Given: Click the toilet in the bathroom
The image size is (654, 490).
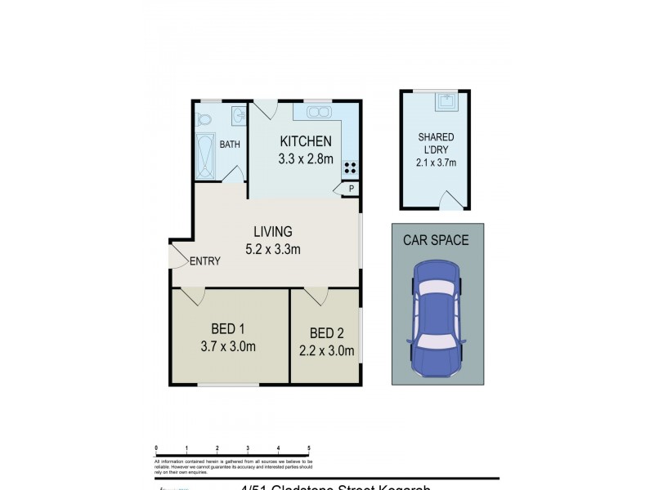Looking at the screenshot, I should [x=204, y=120].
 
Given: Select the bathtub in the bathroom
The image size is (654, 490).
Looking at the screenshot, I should [x=204, y=156].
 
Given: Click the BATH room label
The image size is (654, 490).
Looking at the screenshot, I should [x=230, y=145].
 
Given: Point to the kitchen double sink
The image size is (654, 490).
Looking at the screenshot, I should [x=317, y=113].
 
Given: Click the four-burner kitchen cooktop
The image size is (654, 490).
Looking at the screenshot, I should [x=351, y=169].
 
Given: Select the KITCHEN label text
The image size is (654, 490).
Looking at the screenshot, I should [x=306, y=141].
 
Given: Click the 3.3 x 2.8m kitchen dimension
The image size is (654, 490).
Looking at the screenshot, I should [x=306, y=158].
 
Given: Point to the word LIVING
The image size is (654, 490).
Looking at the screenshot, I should [x=273, y=232].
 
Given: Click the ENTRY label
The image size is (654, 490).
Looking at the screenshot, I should [x=204, y=261].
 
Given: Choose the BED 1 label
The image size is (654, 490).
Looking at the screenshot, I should [x=228, y=329].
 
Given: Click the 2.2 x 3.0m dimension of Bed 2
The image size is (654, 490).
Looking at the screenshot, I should [x=326, y=351].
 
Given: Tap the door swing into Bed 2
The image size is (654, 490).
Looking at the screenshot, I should [x=316, y=296].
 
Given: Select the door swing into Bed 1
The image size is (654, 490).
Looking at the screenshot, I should [x=193, y=296].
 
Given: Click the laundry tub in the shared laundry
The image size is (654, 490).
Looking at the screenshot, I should [x=445, y=101].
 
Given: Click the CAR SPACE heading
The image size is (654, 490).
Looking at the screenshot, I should [x=437, y=240].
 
